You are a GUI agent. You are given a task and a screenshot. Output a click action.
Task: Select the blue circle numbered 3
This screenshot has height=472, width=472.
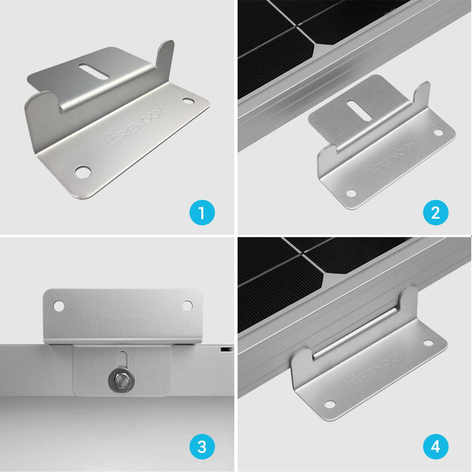[202, 447]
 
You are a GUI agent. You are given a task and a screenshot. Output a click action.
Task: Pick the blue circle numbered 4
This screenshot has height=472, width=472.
[435, 447]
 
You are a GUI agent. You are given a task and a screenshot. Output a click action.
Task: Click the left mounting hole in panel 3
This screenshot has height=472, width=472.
[59, 305]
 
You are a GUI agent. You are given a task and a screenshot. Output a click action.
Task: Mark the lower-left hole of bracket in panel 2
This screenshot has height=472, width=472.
[350, 193]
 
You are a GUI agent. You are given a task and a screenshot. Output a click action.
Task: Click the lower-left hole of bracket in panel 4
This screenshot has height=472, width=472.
[328, 404]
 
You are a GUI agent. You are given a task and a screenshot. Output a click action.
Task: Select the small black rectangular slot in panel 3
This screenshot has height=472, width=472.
[225, 349]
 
